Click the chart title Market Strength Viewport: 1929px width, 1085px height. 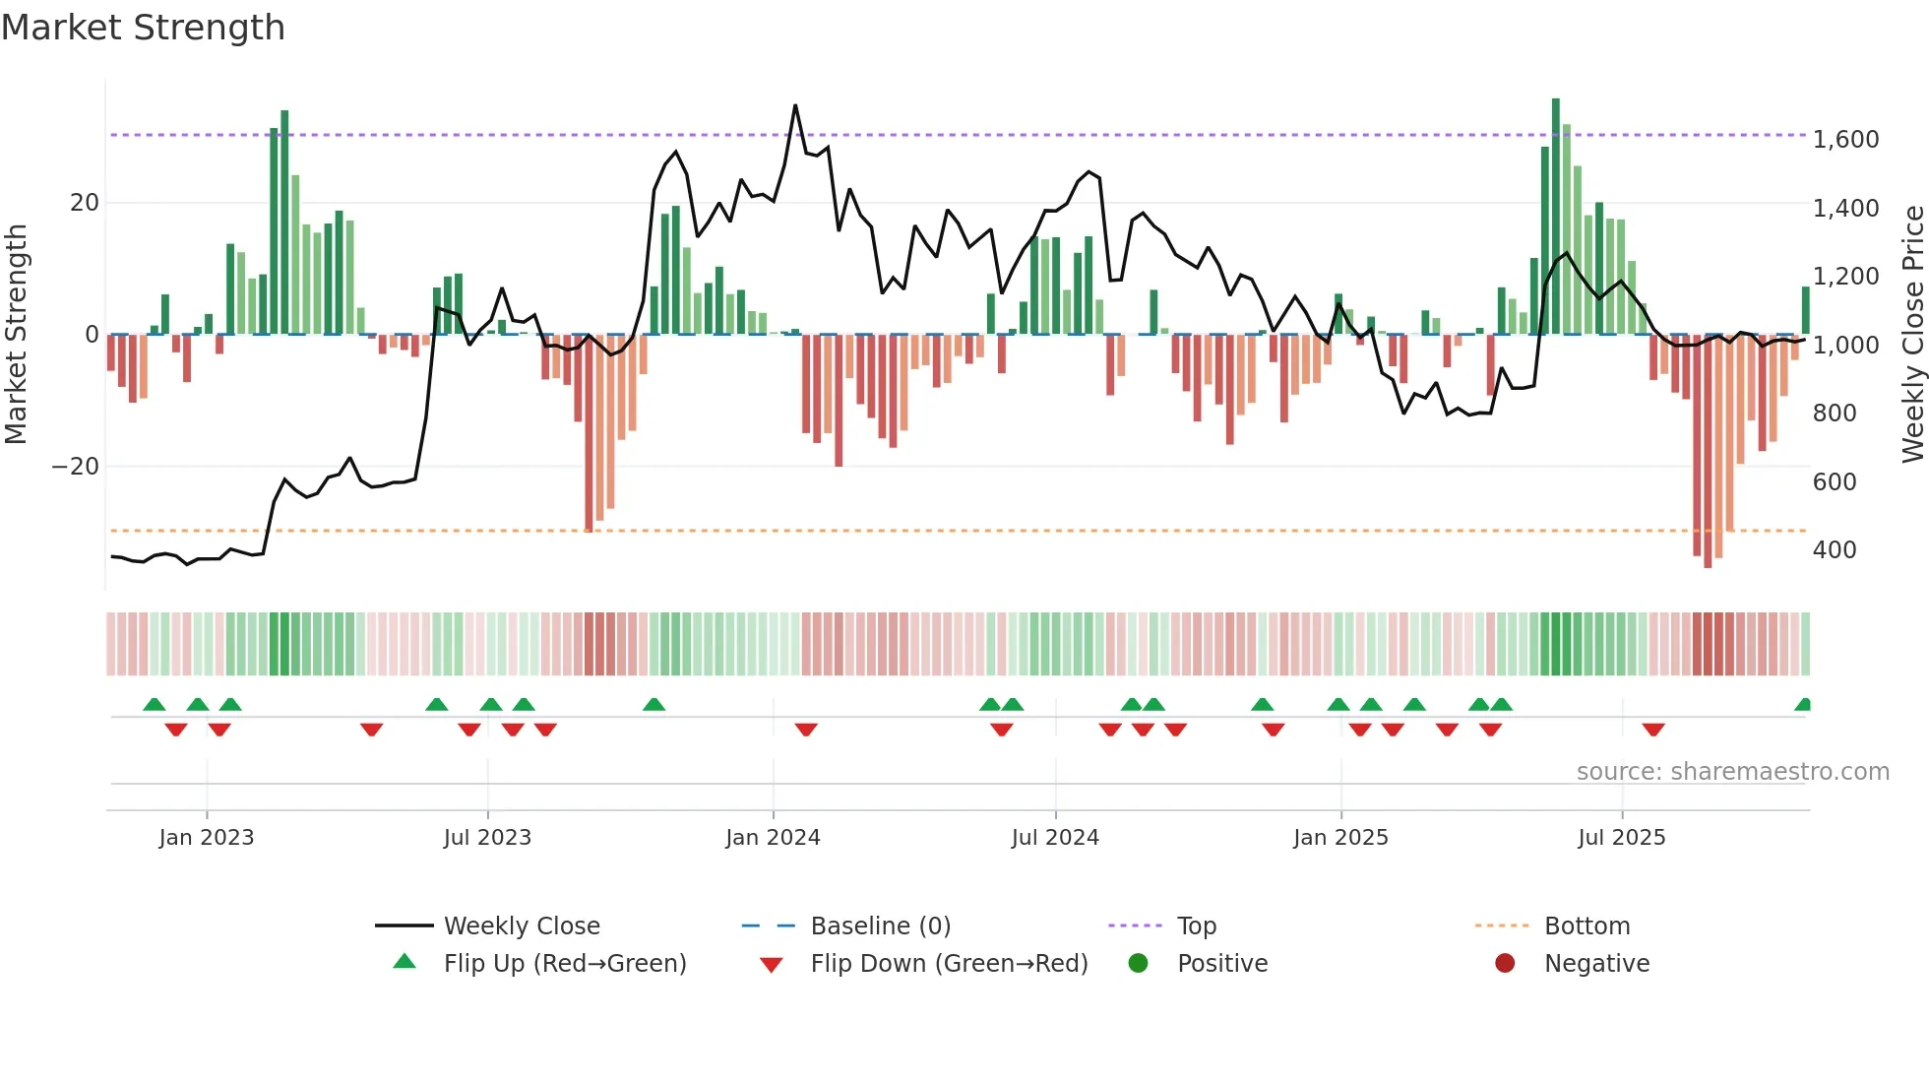coord(143,28)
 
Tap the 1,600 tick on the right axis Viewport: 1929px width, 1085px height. coord(1845,140)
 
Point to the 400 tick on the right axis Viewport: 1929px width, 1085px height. coord(1835,550)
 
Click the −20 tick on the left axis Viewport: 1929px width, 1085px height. coord(76,467)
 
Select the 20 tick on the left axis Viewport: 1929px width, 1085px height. coord(85,203)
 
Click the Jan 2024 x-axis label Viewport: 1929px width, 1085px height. coord(773,838)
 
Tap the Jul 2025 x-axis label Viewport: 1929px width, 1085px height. coord(1621,838)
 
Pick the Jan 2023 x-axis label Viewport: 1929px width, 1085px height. coord(207,838)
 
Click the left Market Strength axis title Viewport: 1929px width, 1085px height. coord(17,335)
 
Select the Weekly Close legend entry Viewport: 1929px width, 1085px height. coord(521,926)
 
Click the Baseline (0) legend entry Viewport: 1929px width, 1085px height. coord(880,926)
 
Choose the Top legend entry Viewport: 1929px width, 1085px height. coord(1197,926)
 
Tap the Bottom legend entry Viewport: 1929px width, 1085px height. coord(1587,926)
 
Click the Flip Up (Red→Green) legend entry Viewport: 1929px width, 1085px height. coord(564,964)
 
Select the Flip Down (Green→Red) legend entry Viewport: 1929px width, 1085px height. coord(949,964)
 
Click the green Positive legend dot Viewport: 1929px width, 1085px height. coord(1139,964)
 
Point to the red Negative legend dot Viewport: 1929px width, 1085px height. coord(1505,964)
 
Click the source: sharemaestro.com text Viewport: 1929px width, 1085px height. coord(1732,772)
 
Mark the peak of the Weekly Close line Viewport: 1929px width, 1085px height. coord(795,105)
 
